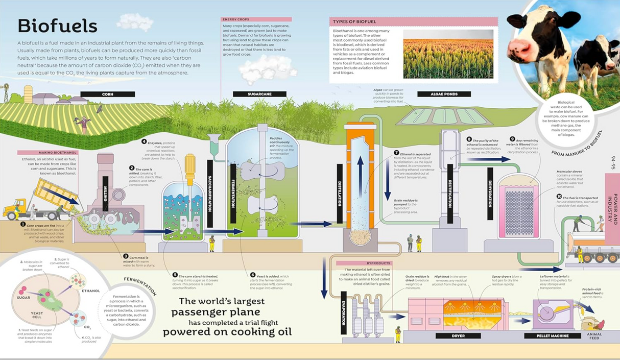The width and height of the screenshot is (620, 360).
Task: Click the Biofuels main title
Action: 57,26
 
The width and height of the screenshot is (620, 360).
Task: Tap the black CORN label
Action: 107,94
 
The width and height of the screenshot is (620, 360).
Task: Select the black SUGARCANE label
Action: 259,94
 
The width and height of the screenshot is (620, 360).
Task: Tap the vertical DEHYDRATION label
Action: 490,194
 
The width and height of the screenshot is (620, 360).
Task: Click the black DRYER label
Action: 458,336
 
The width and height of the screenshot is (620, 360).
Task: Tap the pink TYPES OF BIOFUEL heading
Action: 413,22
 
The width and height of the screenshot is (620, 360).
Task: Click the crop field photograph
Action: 448,54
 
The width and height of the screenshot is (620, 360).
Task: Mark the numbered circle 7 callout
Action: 396,153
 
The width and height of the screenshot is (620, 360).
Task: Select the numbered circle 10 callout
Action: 559,197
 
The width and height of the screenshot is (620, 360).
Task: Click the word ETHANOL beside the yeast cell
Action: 91,291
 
